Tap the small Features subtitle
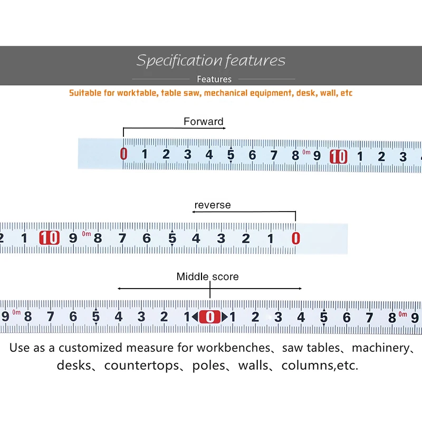pos(214,79)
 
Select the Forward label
pos(204,121)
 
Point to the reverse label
pos(213,205)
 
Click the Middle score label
pos(207,276)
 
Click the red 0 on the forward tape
pos(124,154)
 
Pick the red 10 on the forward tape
pos(339,156)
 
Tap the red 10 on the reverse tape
pos(49,238)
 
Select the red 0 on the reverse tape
pos(295,238)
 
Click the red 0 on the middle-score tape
pos(210,316)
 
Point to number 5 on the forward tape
pos(231,155)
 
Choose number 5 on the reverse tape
pos(172,238)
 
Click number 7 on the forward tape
pos(274,155)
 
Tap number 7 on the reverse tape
pos(122,238)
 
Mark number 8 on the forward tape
pos(295,156)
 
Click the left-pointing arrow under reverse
pos(195,212)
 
